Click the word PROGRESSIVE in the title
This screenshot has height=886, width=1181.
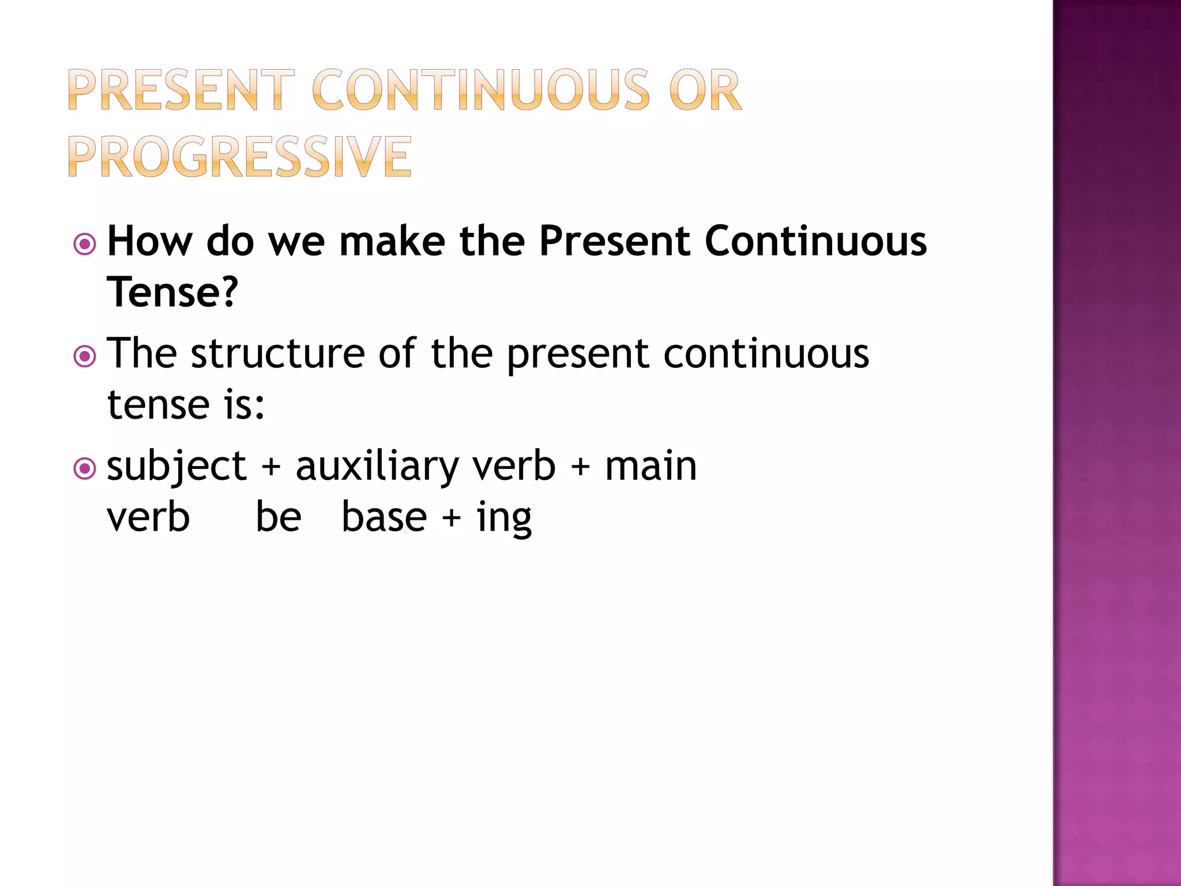[x=240, y=156]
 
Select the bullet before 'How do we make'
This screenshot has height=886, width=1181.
[x=85, y=245]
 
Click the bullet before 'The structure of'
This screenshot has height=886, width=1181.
[x=85, y=356]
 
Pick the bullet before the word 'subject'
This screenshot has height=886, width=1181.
[x=85, y=468]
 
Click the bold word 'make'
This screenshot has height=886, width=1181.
[x=392, y=241]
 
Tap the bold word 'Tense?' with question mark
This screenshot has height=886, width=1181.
[x=172, y=292]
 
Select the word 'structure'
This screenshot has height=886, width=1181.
[x=277, y=353]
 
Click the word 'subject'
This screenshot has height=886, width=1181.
[x=176, y=466]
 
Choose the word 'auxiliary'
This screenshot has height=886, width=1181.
[x=377, y=466]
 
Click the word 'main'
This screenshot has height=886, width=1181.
[x=650, y=466]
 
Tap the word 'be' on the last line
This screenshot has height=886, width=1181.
[x=278, y=517]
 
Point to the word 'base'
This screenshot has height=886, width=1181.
[x=384, y=517]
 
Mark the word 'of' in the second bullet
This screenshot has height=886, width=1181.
[x=397, y=353]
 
